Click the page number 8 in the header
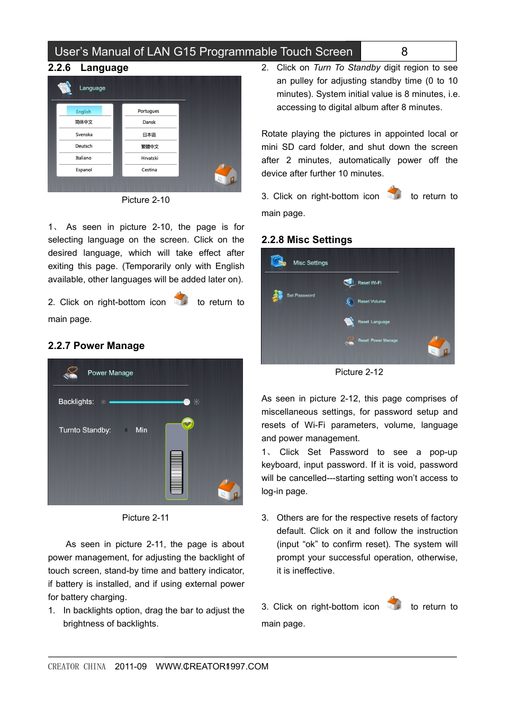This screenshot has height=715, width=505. (x=404, y=51)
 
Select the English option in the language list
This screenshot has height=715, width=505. (x=84, y=111)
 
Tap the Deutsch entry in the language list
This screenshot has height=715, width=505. (x=84, y=146)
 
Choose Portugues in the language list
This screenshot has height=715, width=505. (x=148, y=111)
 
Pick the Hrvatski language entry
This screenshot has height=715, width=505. (x=149, y=158)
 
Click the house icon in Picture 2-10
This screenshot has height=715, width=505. (x=226, y=174)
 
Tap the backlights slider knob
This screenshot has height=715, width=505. (x=187, y=402)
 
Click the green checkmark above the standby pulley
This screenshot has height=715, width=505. (x=187, y=424)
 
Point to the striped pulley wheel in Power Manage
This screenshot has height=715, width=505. (x=176, y=472)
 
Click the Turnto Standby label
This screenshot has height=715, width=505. (x=85, y=430)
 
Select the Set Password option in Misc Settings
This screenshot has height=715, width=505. (x=300, y=296)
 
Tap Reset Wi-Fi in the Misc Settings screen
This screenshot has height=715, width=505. (x=369, y=283)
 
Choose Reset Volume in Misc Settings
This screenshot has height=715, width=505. (x=371, y=301)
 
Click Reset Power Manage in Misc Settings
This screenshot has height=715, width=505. (x=377, y=341)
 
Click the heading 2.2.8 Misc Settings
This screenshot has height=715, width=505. (x=306, y=240)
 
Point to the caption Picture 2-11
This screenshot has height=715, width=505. (x=146, y=517)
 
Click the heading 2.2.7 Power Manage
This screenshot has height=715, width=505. (x=96, y=346)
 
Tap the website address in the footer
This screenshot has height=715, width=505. (x=212, y=666)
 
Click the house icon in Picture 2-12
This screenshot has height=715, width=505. (x=439, y=347)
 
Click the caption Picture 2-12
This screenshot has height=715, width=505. (x=359, y=372)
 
